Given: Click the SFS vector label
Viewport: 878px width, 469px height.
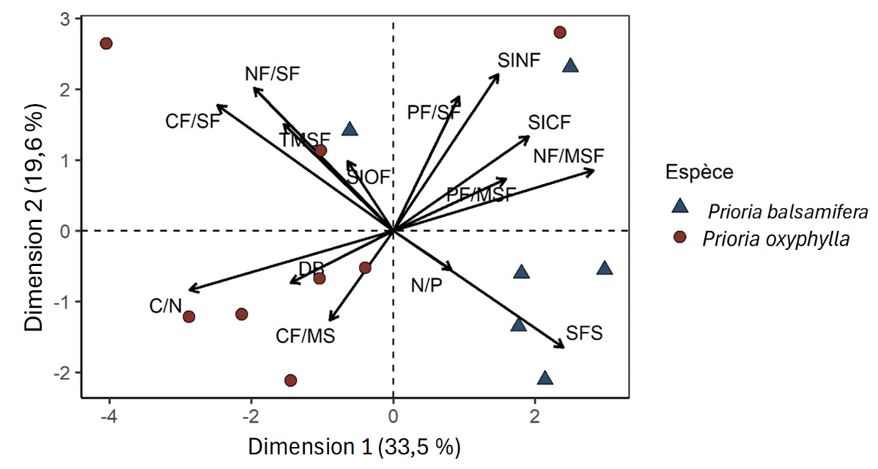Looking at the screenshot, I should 583,333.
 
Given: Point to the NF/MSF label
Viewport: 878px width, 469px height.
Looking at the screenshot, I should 569,156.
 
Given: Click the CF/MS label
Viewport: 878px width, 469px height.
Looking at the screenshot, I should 306,336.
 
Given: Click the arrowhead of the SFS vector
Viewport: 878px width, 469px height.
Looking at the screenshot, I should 564,347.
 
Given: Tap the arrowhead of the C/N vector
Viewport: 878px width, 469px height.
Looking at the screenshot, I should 190,290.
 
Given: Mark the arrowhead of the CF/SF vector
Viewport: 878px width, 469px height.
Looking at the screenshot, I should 218,106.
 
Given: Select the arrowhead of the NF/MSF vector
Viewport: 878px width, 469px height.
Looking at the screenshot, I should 593,171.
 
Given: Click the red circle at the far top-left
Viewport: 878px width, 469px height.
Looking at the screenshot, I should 106,43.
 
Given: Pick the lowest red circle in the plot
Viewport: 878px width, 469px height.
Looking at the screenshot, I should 290,380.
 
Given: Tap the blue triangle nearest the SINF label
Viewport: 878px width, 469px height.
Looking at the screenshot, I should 570,66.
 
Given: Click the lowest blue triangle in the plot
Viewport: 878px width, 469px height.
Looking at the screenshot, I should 545,378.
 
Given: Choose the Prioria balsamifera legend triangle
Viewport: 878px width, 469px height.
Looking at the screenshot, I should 681,207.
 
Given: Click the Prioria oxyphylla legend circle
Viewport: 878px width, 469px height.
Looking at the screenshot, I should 681,237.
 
